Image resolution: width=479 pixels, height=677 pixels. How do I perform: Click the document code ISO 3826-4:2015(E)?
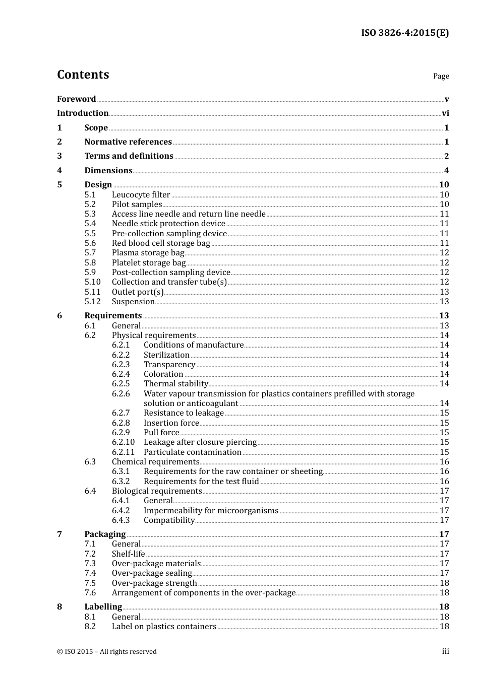(x=404, y=33)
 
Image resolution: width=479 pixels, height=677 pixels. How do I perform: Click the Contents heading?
(x=83, y=75)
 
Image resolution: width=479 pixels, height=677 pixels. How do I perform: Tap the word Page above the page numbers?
(x=441, y=76)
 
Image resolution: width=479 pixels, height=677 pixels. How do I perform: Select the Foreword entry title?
(x=76, y=99)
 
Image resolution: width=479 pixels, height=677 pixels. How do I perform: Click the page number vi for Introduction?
(x=445, y=113)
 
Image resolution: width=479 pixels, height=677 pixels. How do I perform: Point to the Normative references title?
(x=128, y=142)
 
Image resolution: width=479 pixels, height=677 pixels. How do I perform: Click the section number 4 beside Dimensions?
(x=59, y=170)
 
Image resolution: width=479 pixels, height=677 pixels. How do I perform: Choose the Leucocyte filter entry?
(x=141, y=195)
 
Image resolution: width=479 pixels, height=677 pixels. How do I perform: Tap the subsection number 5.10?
(x=92, y=282)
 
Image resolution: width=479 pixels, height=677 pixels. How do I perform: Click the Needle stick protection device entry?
(x=168, y=224)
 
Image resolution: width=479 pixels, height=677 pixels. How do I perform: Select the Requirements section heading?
(x=113, y=316)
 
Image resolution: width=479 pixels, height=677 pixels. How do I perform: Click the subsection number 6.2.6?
(x=121, y=394)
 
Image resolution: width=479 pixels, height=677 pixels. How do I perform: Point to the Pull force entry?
(x=161, y=433)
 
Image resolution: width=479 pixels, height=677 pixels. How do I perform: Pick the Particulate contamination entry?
(x=192, y=452)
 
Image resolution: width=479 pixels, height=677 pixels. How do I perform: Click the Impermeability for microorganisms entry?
(x=211, y=511)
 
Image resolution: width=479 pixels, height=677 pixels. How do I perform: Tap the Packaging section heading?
(x=105, y=534)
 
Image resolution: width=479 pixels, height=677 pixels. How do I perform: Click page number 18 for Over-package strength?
(x=444, y=583)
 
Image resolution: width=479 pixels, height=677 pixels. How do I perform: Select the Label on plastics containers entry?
(x=164, y=627)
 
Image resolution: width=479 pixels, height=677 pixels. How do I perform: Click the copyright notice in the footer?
(x=107, y=652)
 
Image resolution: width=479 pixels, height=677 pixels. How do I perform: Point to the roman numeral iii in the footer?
(x=445, y=651)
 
